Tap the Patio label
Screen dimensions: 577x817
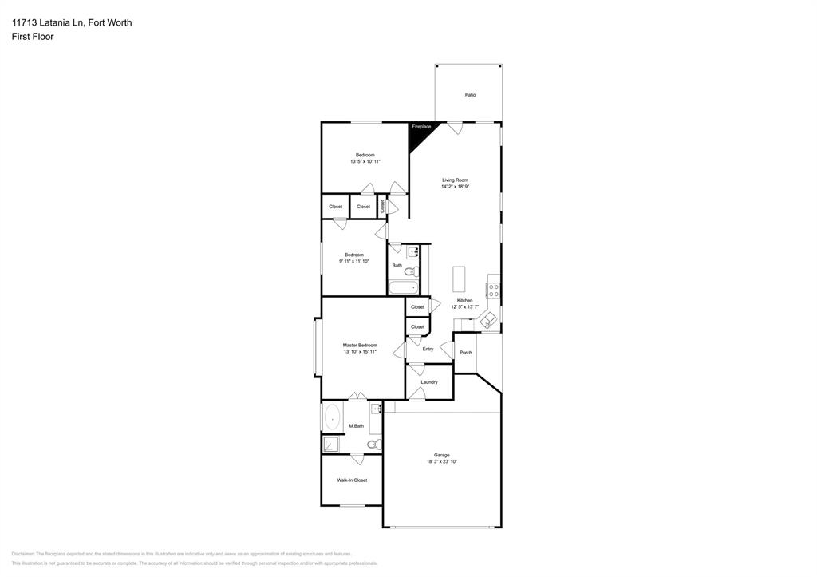tap(471, 95)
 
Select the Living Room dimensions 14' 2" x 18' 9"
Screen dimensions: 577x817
tap(455, 186)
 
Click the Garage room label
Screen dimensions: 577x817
tap(442, 455)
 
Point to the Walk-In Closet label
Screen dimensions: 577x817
tap(352, 480)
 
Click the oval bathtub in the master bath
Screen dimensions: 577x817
tap(332, 417)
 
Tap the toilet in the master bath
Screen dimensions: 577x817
tap(373, 445)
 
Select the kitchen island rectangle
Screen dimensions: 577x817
tap(459, 279)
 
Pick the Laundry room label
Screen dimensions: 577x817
tap(429, 382)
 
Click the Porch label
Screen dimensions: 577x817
tap(466, 352)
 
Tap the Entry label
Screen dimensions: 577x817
tap(428, 349)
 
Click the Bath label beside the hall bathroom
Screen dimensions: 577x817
tap(397, 266)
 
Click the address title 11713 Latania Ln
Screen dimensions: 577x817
tap(72, 22)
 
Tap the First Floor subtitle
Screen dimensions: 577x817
tap(33, 37)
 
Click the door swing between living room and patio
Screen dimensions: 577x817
tap(454, 128)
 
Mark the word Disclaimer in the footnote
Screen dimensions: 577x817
tap(22, 554)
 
